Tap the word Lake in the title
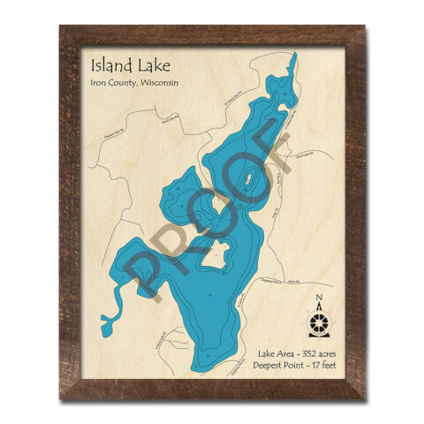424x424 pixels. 148,66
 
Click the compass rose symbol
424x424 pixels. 320,319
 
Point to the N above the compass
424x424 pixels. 320,297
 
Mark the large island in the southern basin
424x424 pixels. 214,258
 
